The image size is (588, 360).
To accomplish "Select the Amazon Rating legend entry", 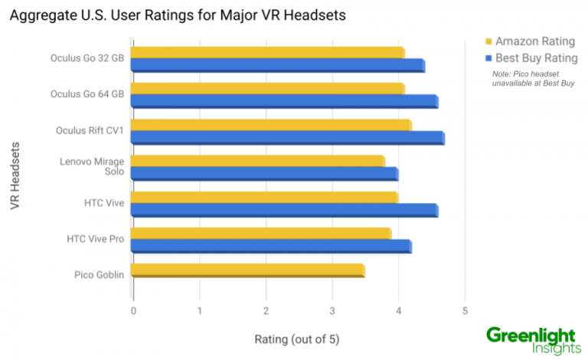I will tap(528, 41).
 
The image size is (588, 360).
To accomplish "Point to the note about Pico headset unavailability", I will tap(533, 78).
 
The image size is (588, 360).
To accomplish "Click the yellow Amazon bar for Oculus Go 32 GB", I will tap(267, 51).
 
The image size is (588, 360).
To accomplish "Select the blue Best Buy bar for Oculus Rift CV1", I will tap(287, 137).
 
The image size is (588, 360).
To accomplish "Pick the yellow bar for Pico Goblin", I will tap(247, 270).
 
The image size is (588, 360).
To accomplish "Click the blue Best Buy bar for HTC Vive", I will tap(284, 210).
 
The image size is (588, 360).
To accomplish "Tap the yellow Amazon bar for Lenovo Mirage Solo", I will tap(257, 160).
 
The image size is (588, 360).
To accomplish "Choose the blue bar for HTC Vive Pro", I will tap(271, 246).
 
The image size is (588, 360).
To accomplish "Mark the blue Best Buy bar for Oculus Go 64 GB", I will tap(284, 101).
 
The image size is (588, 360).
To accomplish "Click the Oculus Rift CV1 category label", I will tap(90, 130).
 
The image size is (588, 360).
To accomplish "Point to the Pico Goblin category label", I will tap(100, 274).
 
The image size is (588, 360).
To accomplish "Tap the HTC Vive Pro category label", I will tap(96, 239).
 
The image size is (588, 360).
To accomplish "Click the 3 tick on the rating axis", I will tap(332, 311).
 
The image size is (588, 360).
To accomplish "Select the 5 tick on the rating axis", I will tap(465, 311).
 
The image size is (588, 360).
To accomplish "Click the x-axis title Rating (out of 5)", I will tap(297, 339).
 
